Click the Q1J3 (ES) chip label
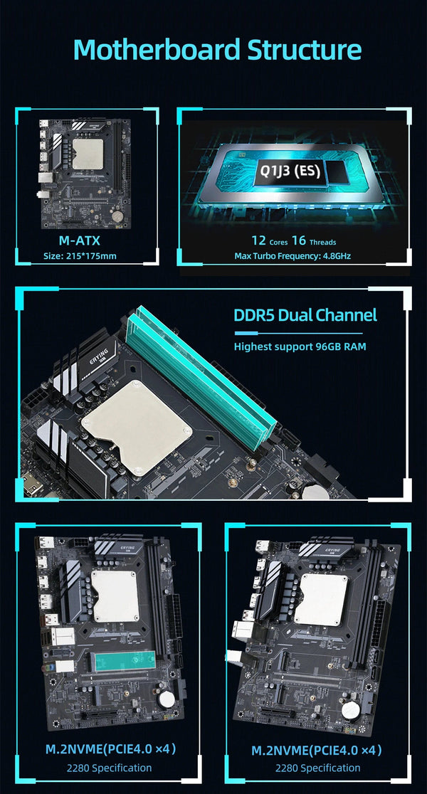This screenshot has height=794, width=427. pos(288,171)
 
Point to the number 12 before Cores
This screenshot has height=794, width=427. pos(258,240)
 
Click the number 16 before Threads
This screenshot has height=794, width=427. pos(299,240)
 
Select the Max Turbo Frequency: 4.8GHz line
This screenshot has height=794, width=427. pos(293,256)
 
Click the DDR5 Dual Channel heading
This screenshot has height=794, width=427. pos(305,315)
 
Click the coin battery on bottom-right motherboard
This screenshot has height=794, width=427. pos(350,709)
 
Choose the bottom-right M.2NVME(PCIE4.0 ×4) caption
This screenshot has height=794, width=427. pos(317,749)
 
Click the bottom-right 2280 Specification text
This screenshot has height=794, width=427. pos(317,768)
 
